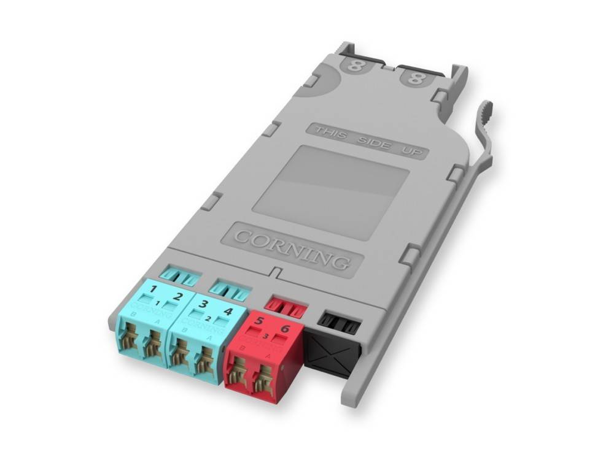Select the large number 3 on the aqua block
coord(203,305)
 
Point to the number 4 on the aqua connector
coord(228,312)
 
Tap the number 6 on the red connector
coord(285,330)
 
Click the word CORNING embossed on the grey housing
coord(292,248)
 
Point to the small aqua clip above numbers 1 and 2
coord(178,277)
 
